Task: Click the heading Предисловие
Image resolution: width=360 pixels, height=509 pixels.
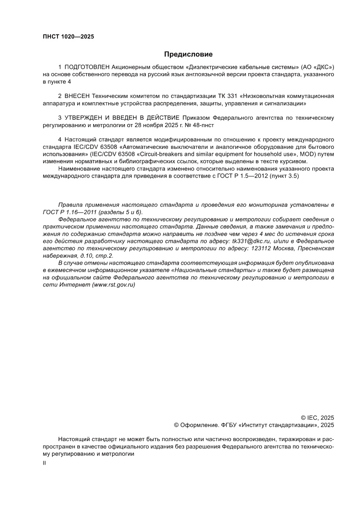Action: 188,54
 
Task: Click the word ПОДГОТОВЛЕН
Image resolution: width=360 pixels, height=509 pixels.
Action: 87,67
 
